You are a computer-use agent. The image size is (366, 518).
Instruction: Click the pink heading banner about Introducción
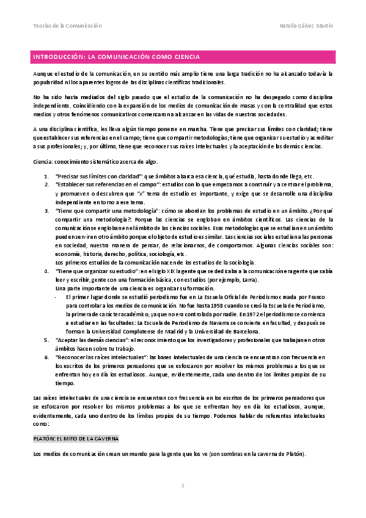pos(183,57)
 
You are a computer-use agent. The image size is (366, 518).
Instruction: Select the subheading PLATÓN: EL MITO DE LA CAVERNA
pos(76,439)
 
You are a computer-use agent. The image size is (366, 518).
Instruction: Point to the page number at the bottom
pos(182,486)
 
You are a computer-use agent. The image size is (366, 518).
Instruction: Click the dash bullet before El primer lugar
pos(57,296)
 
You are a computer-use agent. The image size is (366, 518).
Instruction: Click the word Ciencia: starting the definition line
pos(43,161)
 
